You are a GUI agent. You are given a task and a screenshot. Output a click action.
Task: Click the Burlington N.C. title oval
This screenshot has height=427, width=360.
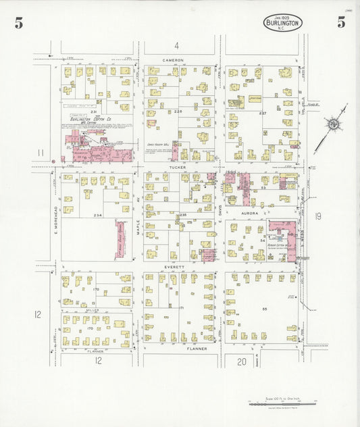[282, 24]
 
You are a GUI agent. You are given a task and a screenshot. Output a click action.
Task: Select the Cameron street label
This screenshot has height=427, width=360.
[174, 60]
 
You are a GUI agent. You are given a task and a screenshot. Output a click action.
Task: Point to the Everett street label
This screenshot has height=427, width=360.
[176, 268]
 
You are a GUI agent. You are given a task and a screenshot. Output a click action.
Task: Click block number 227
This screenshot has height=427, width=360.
[263, 113]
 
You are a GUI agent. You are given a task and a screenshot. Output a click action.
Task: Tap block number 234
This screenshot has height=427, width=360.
[98, 216]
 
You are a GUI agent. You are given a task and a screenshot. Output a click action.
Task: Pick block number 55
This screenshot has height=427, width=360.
[265, 308]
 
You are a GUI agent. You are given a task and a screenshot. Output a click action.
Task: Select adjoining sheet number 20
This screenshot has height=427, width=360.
[242, 361]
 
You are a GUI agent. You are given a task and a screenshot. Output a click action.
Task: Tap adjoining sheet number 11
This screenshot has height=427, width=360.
[41, 153]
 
